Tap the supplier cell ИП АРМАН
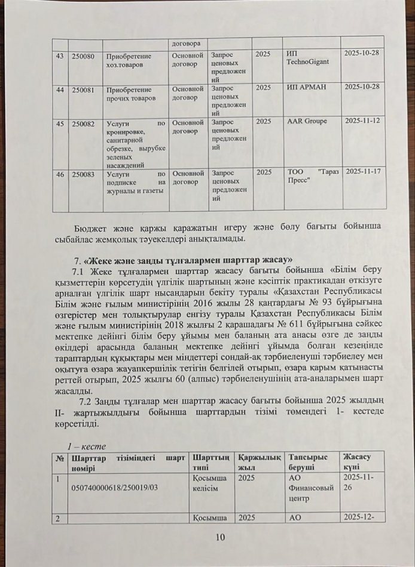304,88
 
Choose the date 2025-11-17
364,172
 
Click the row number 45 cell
59,122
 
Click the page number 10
219,538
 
